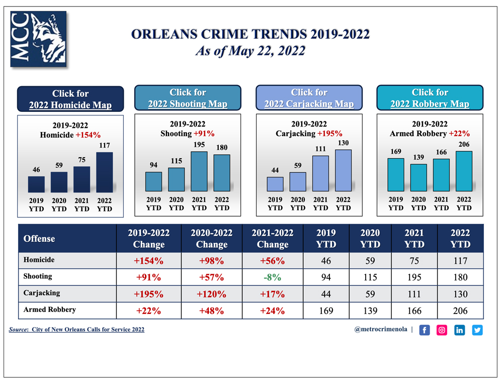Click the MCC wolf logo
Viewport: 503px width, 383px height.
(x=38, y=39)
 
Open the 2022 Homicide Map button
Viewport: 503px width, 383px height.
(x=70, y=99)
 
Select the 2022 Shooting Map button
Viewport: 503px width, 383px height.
(x=188, y=98)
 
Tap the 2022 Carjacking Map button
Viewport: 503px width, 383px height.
(x=309, y=98)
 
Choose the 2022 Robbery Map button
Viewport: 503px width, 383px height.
(x=430, y=98)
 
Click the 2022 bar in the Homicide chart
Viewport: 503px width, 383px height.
(x=105, y=172)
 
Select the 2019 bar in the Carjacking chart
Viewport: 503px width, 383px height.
(x=275, y=184)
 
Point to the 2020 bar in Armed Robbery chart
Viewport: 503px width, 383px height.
(x=418, y=178)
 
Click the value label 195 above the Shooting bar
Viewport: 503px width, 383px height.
(x=199, y=144)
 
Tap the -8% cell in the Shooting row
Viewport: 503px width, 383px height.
(x=273, y=277)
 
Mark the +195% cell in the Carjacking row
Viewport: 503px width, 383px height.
(x=149, y=294)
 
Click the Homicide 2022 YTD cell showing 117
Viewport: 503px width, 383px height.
(x=460, y=261)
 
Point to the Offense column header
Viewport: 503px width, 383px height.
(x=39, y=238)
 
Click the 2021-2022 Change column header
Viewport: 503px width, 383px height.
(x=273, y=238)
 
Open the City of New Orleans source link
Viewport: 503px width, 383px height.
(x=88, y=330)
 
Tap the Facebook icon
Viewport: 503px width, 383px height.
(x=425, y=330)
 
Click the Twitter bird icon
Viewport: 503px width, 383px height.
(x=477, y=330)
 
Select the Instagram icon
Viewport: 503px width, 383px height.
(x=442, y=330)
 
